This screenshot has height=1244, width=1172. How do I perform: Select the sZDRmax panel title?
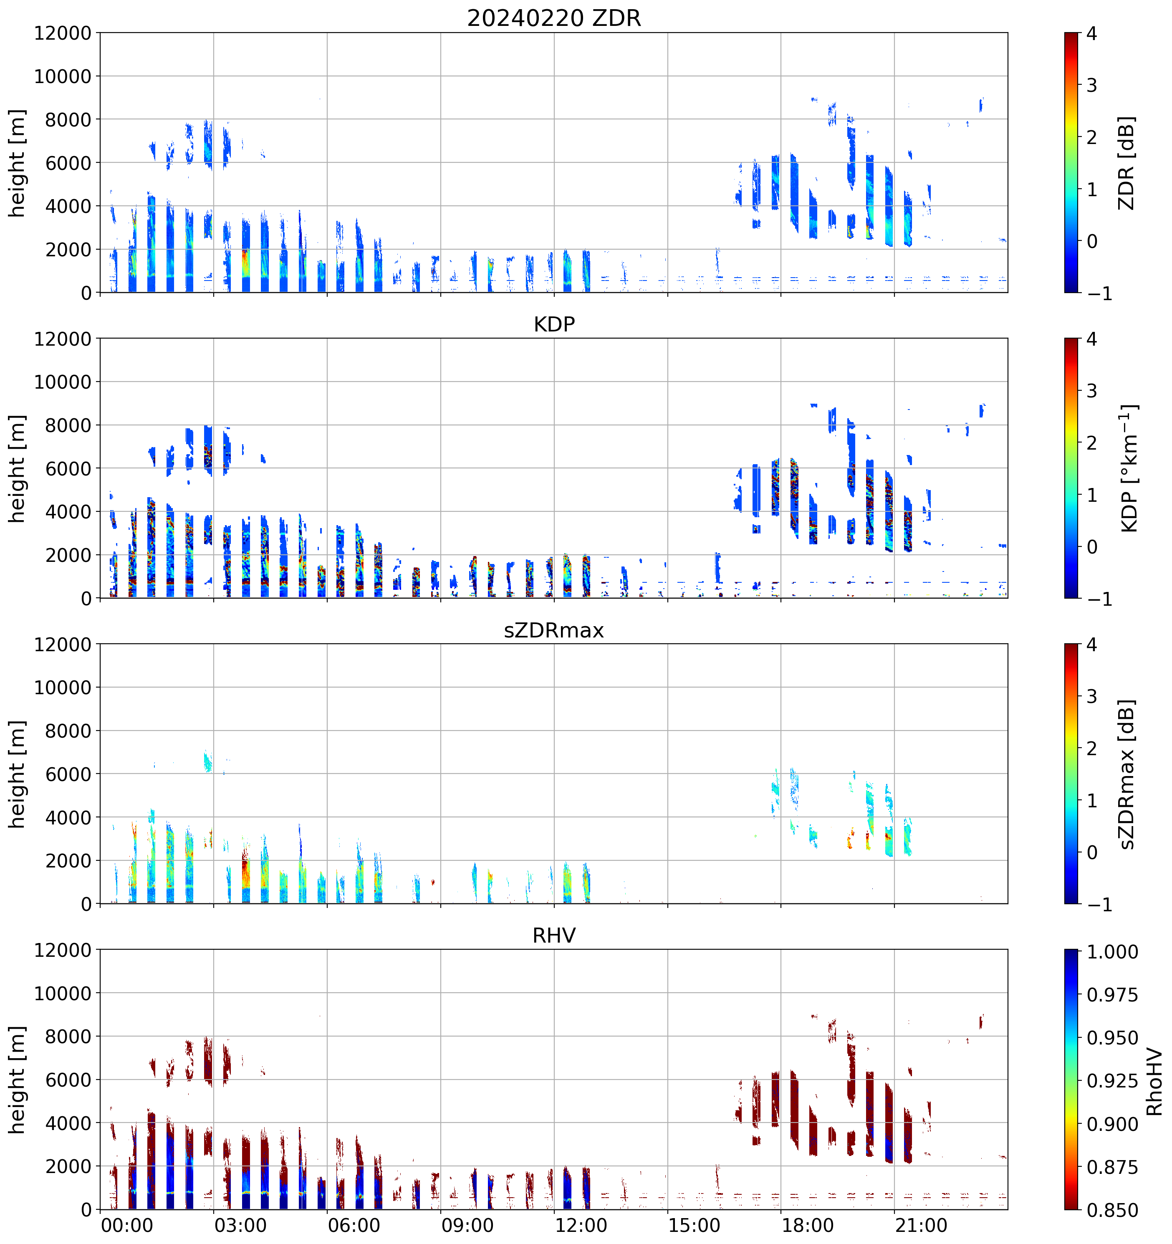coord(554,630)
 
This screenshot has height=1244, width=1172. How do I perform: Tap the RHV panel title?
coord(554,936)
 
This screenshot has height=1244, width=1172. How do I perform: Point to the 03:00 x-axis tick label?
coord(240,1225)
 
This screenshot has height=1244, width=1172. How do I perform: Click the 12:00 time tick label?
coord(581,1225)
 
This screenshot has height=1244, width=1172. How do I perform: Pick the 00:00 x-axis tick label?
coord(127,1225)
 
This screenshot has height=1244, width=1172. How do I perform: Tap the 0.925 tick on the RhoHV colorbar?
coord(1112,1081)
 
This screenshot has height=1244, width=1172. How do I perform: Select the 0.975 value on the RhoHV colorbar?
coord(1112,995)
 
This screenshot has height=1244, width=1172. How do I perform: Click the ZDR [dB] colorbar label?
coord(1127,163)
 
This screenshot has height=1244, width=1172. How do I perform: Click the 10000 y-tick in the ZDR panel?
coord(63,76)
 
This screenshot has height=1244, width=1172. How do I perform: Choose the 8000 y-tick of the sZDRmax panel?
coord(68,731)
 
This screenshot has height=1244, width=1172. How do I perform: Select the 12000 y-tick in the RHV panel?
coord(63,950)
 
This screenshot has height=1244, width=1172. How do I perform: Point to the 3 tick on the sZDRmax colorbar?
coord(1091,696)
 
